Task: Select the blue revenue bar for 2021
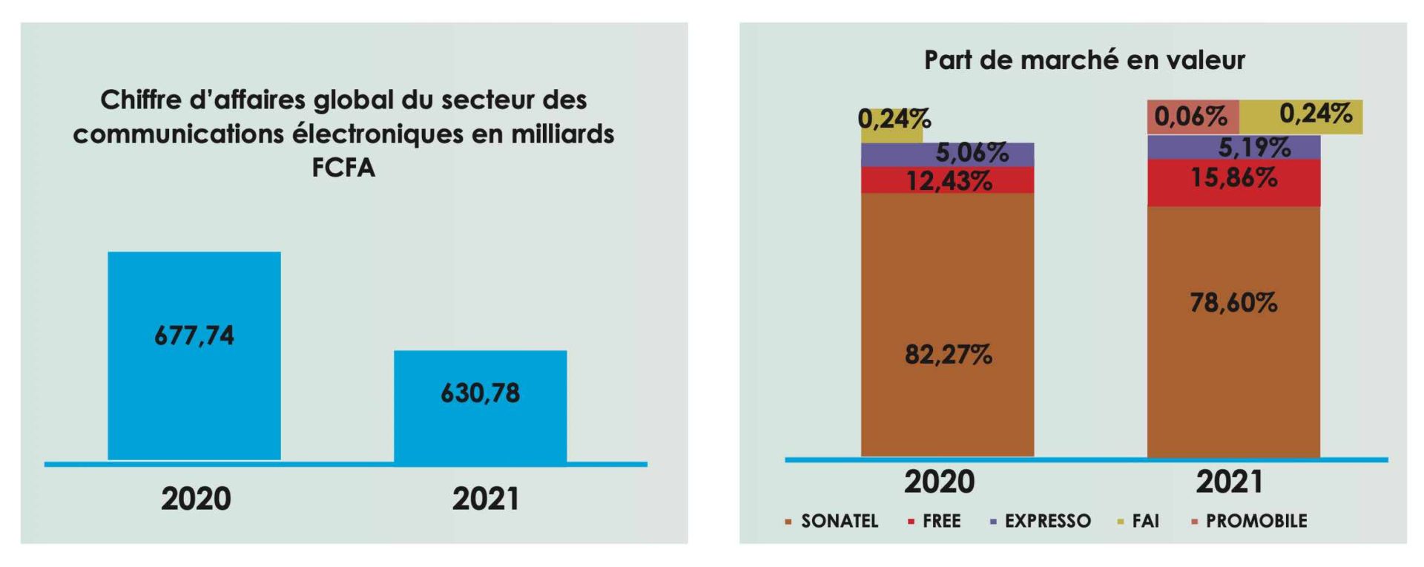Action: click(x=480, y=430)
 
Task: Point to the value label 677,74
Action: click(x=194, y=336)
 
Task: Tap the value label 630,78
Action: click(x=480, y=393)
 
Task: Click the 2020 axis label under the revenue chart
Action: click(x=196, y=499)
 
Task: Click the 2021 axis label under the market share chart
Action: click(x=1229, y=482)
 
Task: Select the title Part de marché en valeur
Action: click(x=1084, y=60)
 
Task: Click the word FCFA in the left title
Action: click(x=343, y=168)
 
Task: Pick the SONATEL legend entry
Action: click(x=839, y=521)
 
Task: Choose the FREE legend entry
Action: click(x=940, y=521)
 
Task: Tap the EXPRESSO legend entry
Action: click(x=1046, y=521)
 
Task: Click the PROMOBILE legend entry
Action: click(x=1256, y=521)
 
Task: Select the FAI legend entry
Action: click(x=1145, y=521)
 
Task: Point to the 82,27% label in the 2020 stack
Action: click(x=948, y=355)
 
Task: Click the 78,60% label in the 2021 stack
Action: click(x=1233, y=303)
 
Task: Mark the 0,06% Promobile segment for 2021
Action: click(x=1191, y=117)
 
